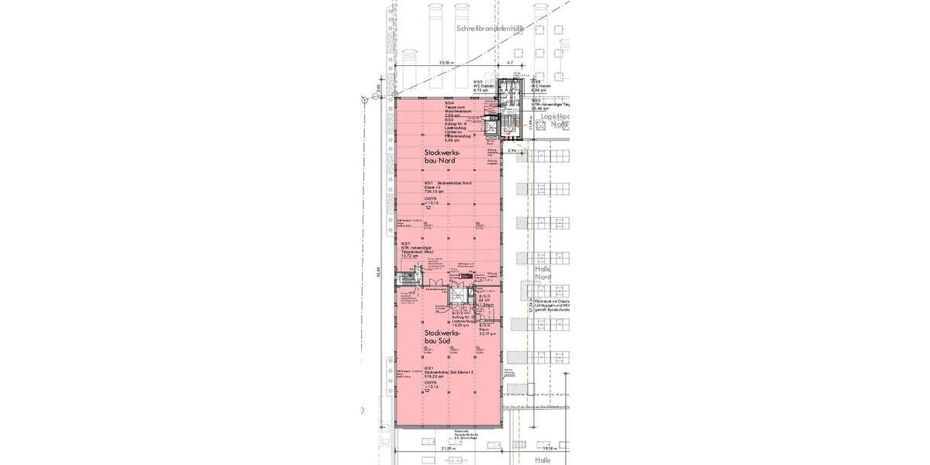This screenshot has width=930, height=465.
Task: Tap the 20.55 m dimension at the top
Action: tap(446, 62)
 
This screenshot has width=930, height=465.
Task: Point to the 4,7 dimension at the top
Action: tap(510, 62)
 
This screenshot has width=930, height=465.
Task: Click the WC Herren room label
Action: tap(540, 85)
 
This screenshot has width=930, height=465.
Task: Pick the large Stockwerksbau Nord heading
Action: tap(444, 157)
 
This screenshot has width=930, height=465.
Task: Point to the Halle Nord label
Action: tap(543, 272)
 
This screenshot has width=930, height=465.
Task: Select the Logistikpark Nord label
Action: tap(556, 120)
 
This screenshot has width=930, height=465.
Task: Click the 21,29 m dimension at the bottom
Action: tap(446, 449)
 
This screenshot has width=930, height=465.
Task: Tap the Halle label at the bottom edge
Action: tap(543, 460)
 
